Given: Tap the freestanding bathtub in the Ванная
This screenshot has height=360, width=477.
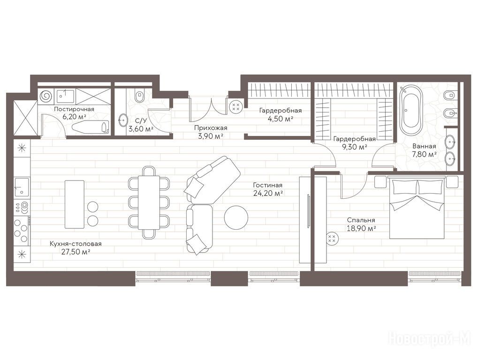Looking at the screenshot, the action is pyautogui.click(x=411, y=110).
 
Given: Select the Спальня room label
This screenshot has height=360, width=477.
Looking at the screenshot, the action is pyautogui.click(x=361, y=220).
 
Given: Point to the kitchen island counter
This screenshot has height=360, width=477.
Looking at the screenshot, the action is pyautogui.click(x=75, y=204).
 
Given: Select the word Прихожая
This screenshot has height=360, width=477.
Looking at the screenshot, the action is pyautogui.click(x=211, y=128).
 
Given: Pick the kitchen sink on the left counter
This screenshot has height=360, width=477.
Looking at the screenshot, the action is pyautogui.click(x=22, y=187).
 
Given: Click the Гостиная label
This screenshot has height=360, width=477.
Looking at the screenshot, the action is pyautogui.click(x=268, y=185).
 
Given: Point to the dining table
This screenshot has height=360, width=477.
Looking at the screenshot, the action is pyautogui.click(x=149, y=202).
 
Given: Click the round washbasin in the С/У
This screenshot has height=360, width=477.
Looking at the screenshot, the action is pyautogui.click(x=123, y=120).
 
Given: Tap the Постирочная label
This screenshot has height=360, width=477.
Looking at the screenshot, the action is pyautogui.click(x=74, y=109).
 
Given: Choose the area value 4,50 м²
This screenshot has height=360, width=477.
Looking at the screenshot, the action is pyautogui.click(x=280, y=119).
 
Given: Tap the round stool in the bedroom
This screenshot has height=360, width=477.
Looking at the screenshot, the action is pyautogui.click(x=332, y=239).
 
